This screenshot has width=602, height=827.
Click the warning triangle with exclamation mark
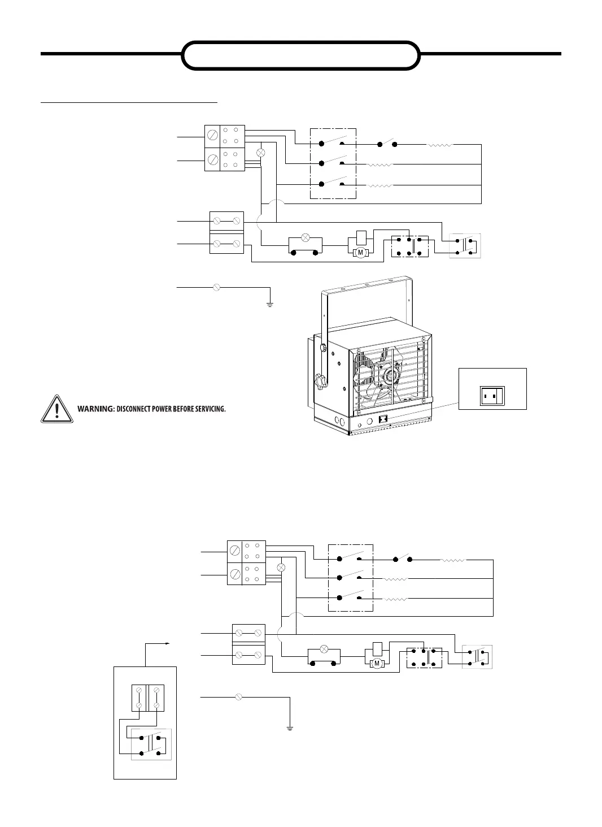click(56, 409)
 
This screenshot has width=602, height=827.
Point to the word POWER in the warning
click(161, 409)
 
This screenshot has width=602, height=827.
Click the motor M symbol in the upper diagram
click(360, 253)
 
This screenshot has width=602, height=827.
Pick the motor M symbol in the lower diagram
click(376, 664)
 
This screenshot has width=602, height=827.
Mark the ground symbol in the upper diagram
click(270, 305)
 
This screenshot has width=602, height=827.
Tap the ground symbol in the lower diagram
click(289, 727)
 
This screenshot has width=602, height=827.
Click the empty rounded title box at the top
click(301, 55)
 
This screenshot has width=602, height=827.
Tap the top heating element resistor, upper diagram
click(439, 145)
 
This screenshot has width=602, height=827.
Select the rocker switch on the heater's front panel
click(383, 420)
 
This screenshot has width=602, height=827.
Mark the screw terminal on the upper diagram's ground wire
click(217, 287)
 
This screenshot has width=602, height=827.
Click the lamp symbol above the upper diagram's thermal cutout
click(306, 237)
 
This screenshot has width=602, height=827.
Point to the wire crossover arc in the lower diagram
click(295, 617)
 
